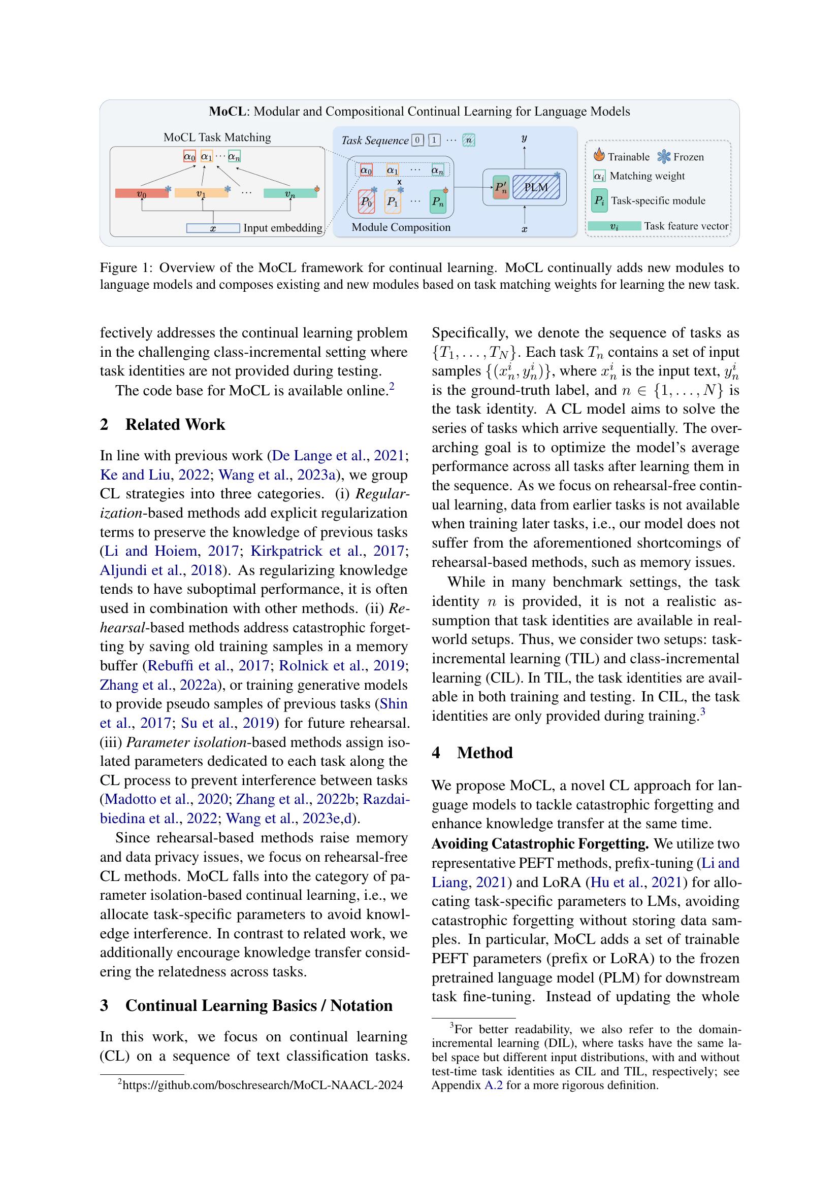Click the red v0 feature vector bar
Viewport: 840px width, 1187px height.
click(x=141, y=194)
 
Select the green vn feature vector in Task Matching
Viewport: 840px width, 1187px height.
click(x=289, y=194)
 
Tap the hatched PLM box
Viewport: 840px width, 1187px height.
click(x=536, y=187)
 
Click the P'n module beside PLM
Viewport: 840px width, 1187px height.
click(x=501, y=188)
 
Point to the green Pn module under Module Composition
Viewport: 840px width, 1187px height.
click(x=438, y=201)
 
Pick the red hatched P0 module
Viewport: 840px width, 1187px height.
click(x=367, y=201)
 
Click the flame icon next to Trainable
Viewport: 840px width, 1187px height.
click(x=599, y=155)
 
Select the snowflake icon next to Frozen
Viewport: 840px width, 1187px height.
click(x=664, y=156)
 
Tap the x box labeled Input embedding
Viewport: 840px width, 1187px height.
click(x=213, y=228)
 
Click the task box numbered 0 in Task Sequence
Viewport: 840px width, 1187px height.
click(x=418, y=140)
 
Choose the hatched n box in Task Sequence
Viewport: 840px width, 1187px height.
click(x=469, y=140)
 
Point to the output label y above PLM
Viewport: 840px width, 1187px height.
click(x=525, y=139)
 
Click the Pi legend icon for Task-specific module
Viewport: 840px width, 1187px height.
click(x=599, y=200)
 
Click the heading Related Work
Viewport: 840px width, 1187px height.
click(x=175, y=424)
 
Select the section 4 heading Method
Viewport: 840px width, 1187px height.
click(x=484, y=753)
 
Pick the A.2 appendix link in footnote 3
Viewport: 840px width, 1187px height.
click(x=493, y=1085)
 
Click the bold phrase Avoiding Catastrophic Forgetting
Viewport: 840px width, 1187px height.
click(x=540, y=844)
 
